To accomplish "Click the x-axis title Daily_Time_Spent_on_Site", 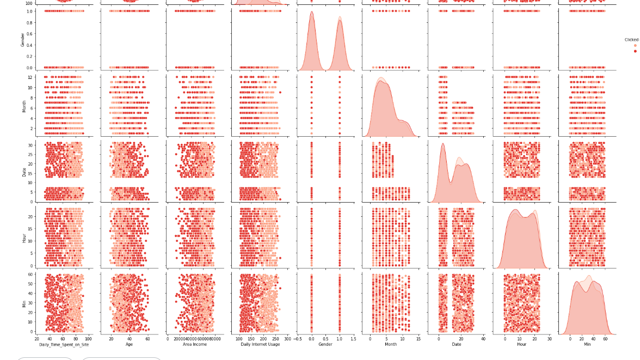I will [x=64, y=345].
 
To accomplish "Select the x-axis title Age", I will [x=129, y=345].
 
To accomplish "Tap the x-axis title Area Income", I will [x=194, y=345].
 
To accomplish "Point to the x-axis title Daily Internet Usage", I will [x=260, y=345].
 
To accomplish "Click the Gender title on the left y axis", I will [x=22, y=39].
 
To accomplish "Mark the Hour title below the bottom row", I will [x=521, y=345].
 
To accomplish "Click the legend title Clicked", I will [x=631, y=40].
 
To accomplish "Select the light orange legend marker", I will [x=635, y=46].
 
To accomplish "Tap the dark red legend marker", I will [x=635, y=51].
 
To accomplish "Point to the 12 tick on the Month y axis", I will [x=30, y=77].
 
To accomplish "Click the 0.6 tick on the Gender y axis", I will [x=30, y=34].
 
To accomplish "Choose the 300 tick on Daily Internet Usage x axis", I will [x=288, y=339].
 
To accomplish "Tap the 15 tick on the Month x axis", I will [x=418, y=339].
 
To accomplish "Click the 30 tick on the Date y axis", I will [x=30, y=144].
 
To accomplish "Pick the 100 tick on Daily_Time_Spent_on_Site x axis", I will [x=88, y=339].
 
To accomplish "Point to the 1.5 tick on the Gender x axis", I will [x=353, y=339].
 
